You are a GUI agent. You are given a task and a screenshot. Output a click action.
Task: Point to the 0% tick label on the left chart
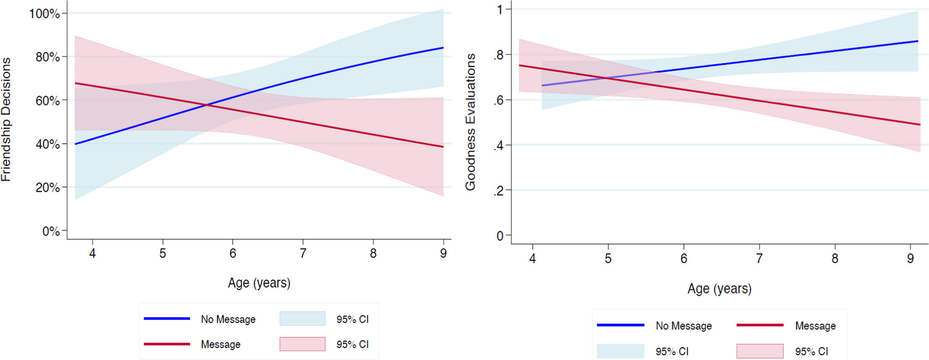coord(51,231)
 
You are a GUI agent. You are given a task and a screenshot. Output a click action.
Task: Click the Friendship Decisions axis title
coord(6,119)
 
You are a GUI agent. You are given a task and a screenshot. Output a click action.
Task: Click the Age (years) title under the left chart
coord(259,283)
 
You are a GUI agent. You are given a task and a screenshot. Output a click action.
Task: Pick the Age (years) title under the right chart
coord(720,289)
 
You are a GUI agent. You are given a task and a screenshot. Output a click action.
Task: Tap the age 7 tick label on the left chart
coord(303,253)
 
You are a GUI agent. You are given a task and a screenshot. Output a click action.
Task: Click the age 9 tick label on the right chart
coord(910,258)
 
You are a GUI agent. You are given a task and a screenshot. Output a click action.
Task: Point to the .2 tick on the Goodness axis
coord(499,191)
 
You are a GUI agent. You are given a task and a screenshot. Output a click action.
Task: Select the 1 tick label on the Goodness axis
coord(500,10)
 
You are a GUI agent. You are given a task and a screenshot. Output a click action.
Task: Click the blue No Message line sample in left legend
coord(167,318)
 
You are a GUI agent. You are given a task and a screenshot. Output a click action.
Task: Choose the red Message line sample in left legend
coord(167,344)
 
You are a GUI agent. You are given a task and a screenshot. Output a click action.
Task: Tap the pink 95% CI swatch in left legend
coord(302,344)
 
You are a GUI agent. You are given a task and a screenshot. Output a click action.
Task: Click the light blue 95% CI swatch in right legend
coord(620,351)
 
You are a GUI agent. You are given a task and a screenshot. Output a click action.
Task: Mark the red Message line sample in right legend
coord(760,325)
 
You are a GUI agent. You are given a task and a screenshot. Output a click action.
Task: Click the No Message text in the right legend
coord(683,326)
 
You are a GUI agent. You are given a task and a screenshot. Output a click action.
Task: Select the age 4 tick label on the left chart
coord(93,253)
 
